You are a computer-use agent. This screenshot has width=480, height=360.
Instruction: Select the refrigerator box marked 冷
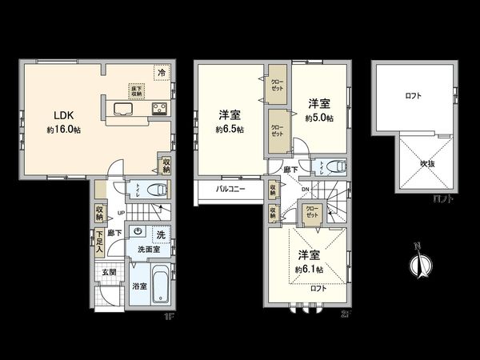162,73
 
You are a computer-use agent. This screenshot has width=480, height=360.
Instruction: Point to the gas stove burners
158,110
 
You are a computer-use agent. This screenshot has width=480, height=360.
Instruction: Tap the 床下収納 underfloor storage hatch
136,90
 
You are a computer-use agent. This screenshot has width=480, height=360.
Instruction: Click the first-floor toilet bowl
157,190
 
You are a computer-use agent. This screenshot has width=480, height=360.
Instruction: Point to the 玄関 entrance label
109,272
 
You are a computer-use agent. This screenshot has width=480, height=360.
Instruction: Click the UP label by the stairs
121,213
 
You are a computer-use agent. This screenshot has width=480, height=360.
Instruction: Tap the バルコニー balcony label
230,189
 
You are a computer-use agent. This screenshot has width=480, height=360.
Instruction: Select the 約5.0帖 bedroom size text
319,118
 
